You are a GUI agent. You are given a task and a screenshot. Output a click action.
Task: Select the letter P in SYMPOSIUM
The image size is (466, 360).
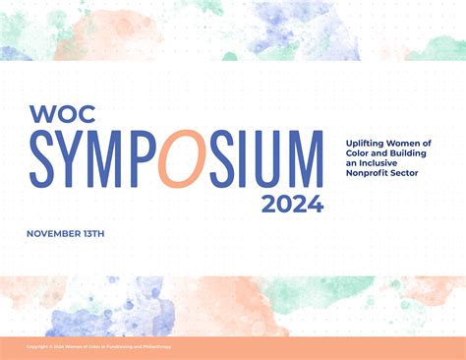tap(144, 158)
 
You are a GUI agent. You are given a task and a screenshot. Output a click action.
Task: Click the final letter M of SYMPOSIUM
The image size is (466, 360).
tap(302, 158)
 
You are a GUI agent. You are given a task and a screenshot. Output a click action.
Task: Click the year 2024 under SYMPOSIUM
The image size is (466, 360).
tap(292, 204)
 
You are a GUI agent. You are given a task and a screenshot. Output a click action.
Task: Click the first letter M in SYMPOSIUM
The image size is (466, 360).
tap(110, 158)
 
